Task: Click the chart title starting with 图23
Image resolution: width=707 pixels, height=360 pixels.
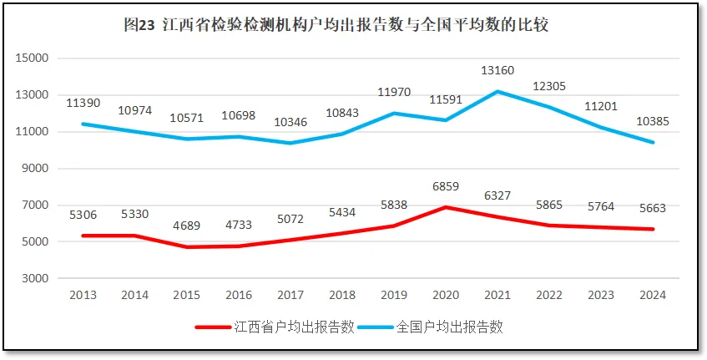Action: coord(336,26)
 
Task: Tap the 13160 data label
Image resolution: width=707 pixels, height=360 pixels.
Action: coord(497,70)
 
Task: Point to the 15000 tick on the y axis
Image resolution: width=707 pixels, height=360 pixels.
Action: coord(34,58)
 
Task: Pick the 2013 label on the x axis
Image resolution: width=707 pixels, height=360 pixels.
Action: coord(83,295)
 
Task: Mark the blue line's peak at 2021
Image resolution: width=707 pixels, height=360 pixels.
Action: coord(497,91)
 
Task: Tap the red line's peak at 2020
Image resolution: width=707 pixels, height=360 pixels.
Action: coord(446,207)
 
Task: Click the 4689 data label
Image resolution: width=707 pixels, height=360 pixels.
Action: coord(187,226)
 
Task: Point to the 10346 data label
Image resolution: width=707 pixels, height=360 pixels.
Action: coord(290,123)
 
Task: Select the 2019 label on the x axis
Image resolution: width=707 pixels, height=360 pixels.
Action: coord(394,295)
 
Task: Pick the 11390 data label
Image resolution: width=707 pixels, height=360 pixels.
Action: coord(83,103)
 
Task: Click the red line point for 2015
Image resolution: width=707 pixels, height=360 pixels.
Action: coord(187,247)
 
